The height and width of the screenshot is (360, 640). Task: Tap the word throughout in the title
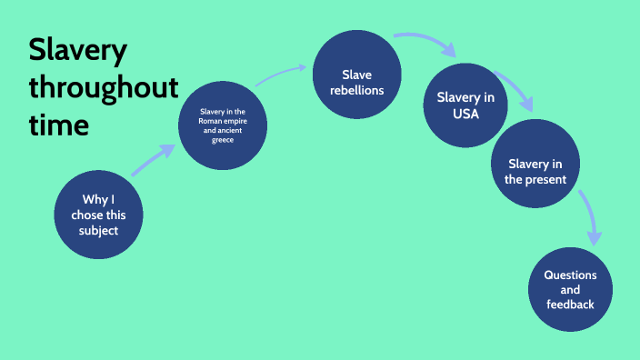pyautogui.click(x=103, y=88)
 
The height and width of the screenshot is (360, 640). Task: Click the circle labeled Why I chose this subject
pyautogui.click(x=98, y=215)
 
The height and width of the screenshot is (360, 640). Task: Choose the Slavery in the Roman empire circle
pyautogui.click(x=224, y=125)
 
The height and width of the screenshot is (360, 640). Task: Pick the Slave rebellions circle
pyautogui.click(x=357, y=82)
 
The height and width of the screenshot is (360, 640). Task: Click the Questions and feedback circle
pyautogui.click(x=570, y=289)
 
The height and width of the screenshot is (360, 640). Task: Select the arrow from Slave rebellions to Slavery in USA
pyautogui.click(x=427, y=44)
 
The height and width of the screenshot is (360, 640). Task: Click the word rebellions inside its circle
pyautogui.click(x=358, y=91)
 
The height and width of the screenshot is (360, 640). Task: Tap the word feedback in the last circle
pyautogui.click(x=570, y=305)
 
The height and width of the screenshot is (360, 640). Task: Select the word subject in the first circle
pyautogui.click(x=98, y=231)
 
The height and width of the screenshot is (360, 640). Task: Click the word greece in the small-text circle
pyautogui.click(x=224, y=139)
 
